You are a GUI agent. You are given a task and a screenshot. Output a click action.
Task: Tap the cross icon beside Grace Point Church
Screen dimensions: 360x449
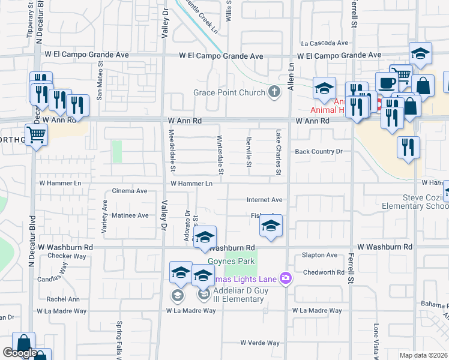coord(274,92)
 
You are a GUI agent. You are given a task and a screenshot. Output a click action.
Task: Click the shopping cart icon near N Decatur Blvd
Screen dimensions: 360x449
coord(36,136)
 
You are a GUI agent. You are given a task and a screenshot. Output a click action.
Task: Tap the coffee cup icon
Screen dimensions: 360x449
coord(387,83)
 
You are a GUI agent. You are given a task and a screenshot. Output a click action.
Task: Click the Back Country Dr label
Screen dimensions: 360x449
coord(318,152)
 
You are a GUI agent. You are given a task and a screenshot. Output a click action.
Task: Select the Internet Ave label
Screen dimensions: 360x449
coord(264,200)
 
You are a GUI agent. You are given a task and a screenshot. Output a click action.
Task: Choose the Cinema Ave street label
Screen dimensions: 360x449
coord(130,191)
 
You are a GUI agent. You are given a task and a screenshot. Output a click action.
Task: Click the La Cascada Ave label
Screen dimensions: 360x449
coord(325,43)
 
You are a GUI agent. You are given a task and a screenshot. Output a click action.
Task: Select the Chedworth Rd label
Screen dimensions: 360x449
coord(323,272)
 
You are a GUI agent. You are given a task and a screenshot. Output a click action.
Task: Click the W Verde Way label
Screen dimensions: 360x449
coord(260,343)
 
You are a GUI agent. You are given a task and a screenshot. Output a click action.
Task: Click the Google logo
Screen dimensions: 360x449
coord(20,353)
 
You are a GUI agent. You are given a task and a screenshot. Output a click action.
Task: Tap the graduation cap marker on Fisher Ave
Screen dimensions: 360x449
coord(271,227)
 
